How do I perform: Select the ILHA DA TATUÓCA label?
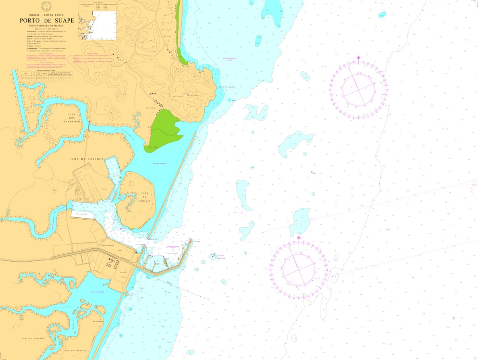click(87, 159)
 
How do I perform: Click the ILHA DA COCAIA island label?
click(145, 197)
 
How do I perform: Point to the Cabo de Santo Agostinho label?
click(227, 87)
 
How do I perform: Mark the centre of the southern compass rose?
click(299, 269)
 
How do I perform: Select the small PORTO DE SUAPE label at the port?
click(108, 245)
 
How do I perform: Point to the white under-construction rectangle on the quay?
click(82, 214)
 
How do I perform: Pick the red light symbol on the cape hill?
click(187, 95)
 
